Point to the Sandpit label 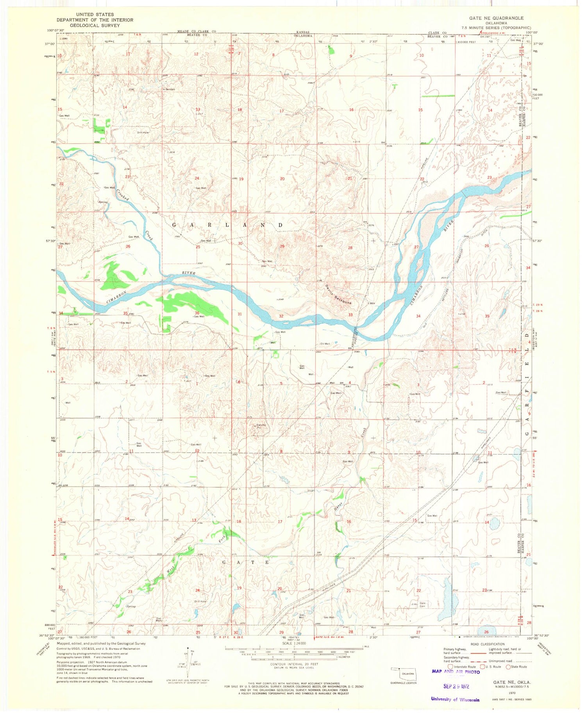pyautogui.click(x=170, y=89)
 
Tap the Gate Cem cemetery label pyautogui.click(x=422, y=605)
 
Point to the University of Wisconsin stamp pyautogui.click(x=455, y=699)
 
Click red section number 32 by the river pyautogui.click(x=281, y=316)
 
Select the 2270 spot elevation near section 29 pyautogui.click(x=320, y=246)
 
